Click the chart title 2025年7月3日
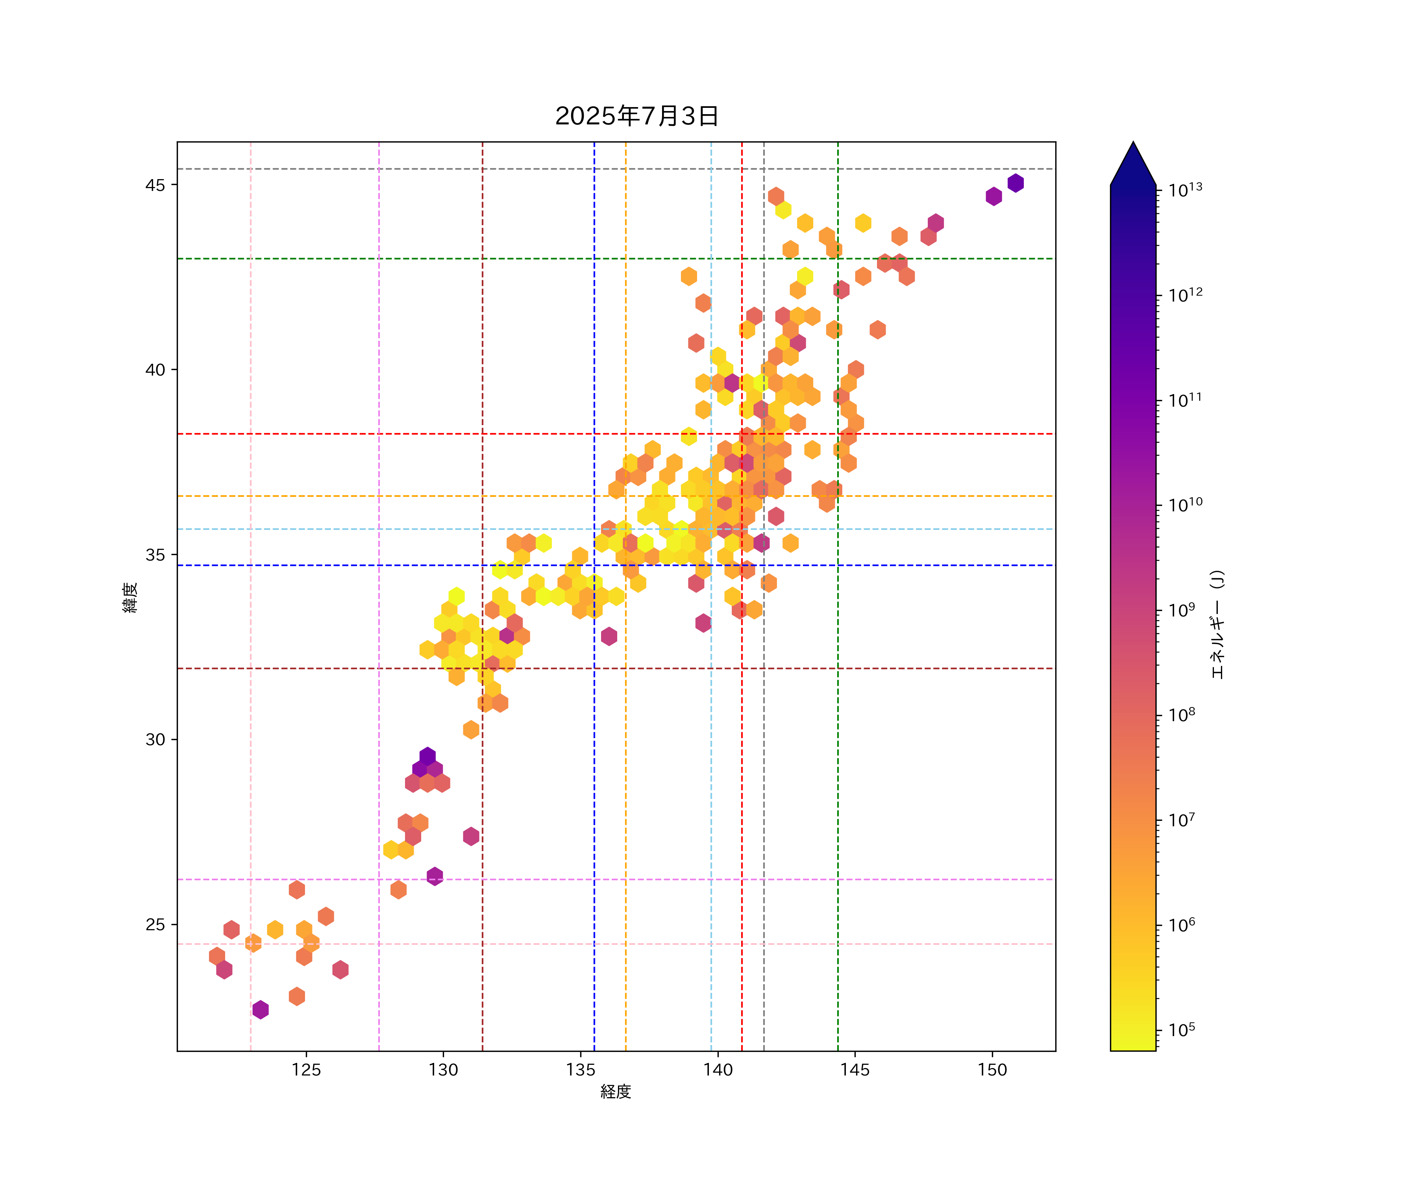(636, 116)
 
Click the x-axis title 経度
(615, 1091)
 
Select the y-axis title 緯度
(130, 597)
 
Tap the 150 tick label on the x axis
(992, 1070)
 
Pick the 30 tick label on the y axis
(155, 740)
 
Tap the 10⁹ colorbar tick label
(1182, 610)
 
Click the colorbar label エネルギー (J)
(1217, 624)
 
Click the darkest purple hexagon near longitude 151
(1016, 183)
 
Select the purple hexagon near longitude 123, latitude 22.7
(261, 1010)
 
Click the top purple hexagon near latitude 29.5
(427, 756)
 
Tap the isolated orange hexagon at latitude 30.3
(471, 729)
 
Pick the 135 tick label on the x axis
(580, 1070)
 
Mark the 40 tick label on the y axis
(155, 370)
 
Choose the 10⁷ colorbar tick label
(1182, 820)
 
